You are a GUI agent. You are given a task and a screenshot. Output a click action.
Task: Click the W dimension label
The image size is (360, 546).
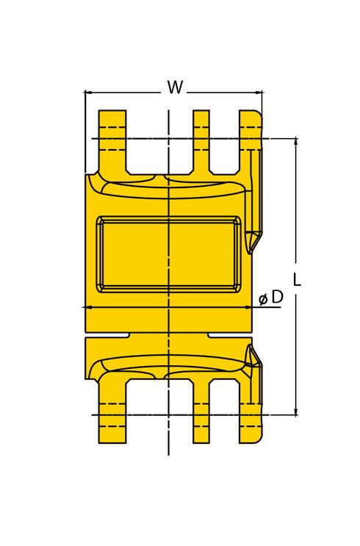point(175,87)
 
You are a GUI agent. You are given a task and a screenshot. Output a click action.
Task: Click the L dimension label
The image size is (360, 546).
point(297,279)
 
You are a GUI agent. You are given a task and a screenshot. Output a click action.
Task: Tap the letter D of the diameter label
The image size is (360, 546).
point(277,297)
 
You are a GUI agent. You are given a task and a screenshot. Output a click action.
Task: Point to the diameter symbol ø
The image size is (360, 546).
point(264,299)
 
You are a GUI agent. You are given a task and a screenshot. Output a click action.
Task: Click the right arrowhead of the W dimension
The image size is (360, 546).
point(259,93)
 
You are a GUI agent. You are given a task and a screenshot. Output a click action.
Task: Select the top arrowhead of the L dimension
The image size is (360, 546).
point(296,142)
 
